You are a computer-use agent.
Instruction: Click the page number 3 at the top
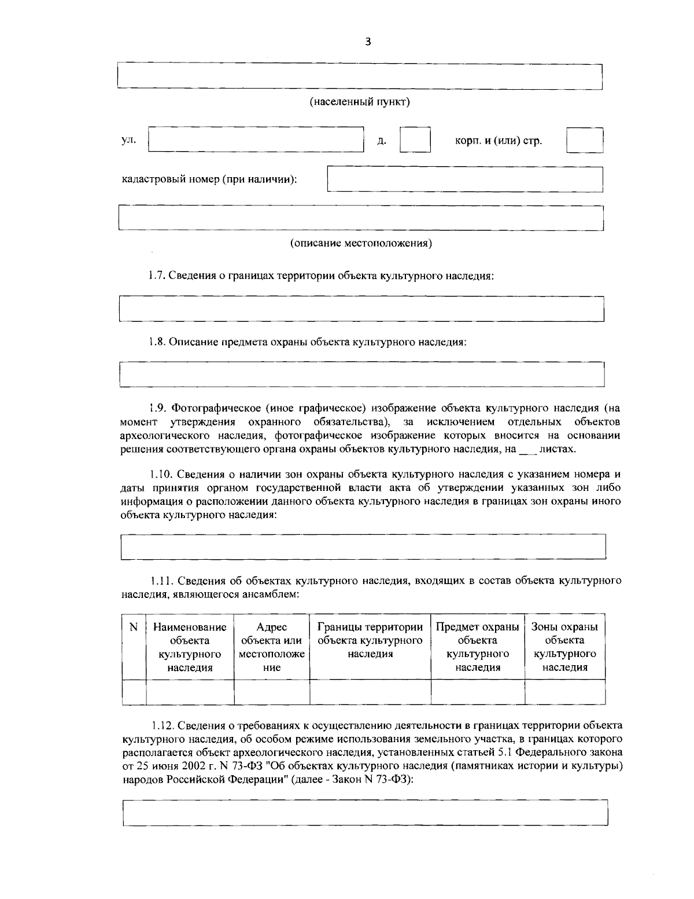(x=368, y=42)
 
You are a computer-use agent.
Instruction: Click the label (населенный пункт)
(x=360, y=102)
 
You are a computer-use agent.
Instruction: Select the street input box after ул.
(x=256, y=139)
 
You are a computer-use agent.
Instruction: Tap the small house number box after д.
(x=415, y=140)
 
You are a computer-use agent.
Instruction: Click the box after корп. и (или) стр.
(x=585, y=140)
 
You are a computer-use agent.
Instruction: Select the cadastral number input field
(x=465, y=179)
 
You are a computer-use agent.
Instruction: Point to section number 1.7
(x=158, y=276)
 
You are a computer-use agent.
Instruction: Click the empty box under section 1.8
(x=361, y=374)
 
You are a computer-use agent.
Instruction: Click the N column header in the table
(x=134, y=628)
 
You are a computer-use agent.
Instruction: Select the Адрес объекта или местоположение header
(x=271, y=647)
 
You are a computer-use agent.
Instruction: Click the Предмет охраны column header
(x=477, y=647)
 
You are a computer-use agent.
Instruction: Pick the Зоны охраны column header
(x=564, y=647)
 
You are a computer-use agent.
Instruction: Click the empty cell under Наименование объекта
(x=190, y=692)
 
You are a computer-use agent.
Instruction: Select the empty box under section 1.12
(x=365, y=813)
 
